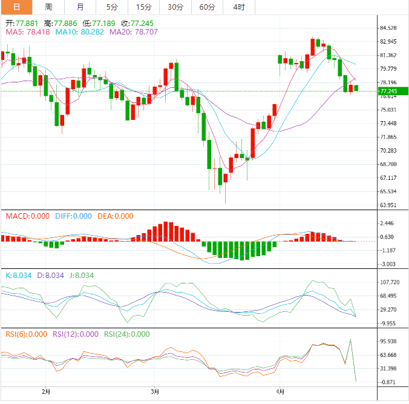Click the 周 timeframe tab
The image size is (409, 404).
coord(48,7)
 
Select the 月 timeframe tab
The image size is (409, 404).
coord(80,7)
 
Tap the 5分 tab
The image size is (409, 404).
coord(112,7)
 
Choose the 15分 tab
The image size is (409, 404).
coord(144,7)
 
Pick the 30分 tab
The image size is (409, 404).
coord(175,7)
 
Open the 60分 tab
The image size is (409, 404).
coord(207,7)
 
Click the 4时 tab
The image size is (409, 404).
coord(238,7)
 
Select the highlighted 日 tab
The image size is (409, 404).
coord(16,7)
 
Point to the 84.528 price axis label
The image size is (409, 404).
coord(388,28)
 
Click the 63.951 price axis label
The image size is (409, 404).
coord(388,205)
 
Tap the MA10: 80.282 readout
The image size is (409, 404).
coord(80,32)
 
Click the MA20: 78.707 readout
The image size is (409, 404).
coord(134,32)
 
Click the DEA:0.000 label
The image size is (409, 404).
coord(114,216)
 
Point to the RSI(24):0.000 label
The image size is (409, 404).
coord(127,334)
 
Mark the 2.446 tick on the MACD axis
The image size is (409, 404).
coord(387,224)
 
